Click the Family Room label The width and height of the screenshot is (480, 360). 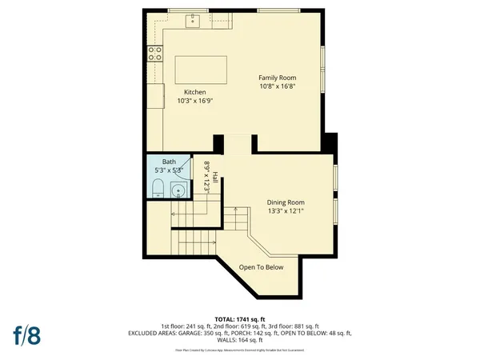point(271,77)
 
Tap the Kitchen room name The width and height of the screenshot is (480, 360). point(195,92)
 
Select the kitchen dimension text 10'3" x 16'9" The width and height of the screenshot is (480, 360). point(195,101)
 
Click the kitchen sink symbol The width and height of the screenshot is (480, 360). point(193,21)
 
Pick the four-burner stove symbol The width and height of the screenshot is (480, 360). point(153,54)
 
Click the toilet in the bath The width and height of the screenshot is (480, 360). point(158,190)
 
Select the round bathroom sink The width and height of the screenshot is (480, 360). point(178,191)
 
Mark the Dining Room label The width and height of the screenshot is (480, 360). point(285,202)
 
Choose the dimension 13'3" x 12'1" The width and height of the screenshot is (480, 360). point(285,211)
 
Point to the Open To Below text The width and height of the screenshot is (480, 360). point(262,267)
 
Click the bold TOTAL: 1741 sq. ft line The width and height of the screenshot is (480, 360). point(240,319)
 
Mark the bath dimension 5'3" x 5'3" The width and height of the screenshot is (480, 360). point(168,170)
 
